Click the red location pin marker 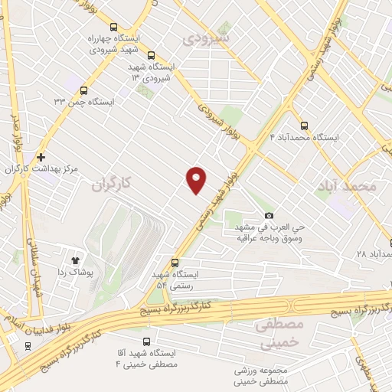pos(197,179)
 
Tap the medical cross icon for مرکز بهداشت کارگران pos(40,156)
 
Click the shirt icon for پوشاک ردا pos(76,259)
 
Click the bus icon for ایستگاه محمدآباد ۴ pos(305,126)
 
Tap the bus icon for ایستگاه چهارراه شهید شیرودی pos(114,25)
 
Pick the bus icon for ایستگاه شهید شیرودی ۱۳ pos(151,55)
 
